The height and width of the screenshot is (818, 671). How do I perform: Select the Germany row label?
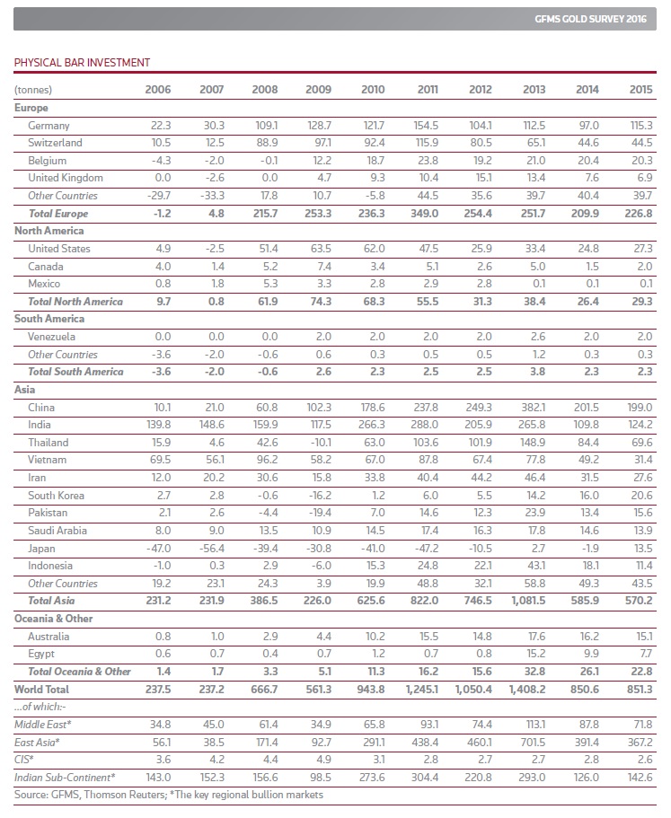(x=49, y=126)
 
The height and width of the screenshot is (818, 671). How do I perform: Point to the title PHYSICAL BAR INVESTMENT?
(x=82, y=62)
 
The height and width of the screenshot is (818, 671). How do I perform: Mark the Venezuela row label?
(x=51, y=336)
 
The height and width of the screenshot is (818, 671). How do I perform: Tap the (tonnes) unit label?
(x=33, y=90)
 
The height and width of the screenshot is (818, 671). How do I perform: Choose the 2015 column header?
(x=640, y=90)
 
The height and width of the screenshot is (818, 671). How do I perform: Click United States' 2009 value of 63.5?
(x=320, y=248)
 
